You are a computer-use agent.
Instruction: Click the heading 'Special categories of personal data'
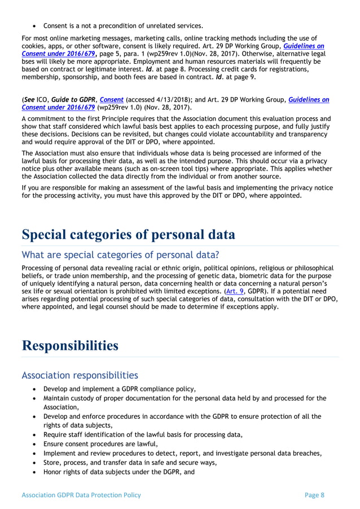pyautogui.click(x=128, y=235)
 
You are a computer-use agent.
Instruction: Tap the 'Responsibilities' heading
pyautogui.click(x=70, y=345)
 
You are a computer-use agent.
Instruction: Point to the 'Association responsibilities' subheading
pyautogui.click(x=80, y=375)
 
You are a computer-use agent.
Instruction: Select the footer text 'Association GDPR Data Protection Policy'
pyautogui.click(x=81, y=495)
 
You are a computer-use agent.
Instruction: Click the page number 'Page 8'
pyautogui.click(x=314, y=495)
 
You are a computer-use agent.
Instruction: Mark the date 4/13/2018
pyautogui.click(x=169, y=99)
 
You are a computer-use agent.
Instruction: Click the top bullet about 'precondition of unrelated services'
pyautogui.click(x=123, y=25)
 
